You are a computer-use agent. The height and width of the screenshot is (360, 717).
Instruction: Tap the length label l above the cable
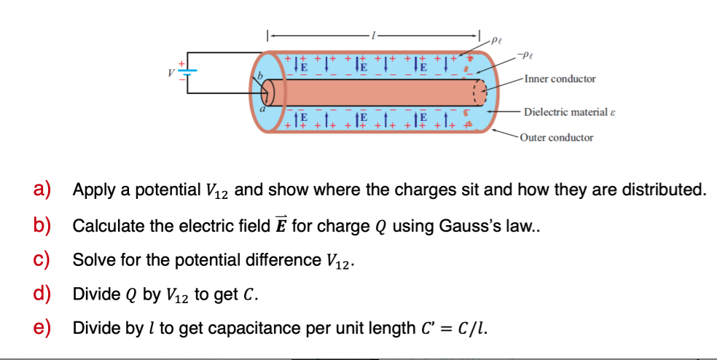pyautogui.click(x=374, y=34)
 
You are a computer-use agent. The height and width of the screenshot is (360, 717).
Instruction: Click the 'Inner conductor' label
pyautogui.click(x=559, y=79)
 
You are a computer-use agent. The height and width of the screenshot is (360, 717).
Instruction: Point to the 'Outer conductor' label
pyautogui.click(x=557, y=137)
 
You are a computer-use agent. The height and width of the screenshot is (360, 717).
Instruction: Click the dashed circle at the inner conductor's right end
pyautogui.click(x=479, y=93)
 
